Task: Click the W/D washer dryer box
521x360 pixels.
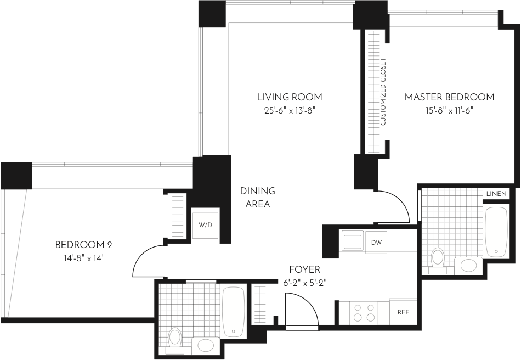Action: pyautogui.click(x=205, y=224)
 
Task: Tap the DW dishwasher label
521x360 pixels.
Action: pyautogui.click(x=376, y=242)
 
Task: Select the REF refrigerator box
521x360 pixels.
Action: pyautogui.click(x=403, y=312)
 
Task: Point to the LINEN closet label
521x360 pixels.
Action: pyautogui.click(x=496, y=194)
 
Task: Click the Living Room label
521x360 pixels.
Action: pyautogui.click(x=290, y=97)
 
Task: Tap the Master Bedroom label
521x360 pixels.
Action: pyautogui.click(x=449, y=97)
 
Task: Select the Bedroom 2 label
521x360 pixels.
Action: pyautogui.click(x=84, y=244)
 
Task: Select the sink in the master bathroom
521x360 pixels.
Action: pyautogui.click(x=468, y=266)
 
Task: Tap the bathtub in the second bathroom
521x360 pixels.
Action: pyautogui.click(x=234, y=311)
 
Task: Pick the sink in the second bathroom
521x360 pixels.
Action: pyautogui.click(x=206, y=345)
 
